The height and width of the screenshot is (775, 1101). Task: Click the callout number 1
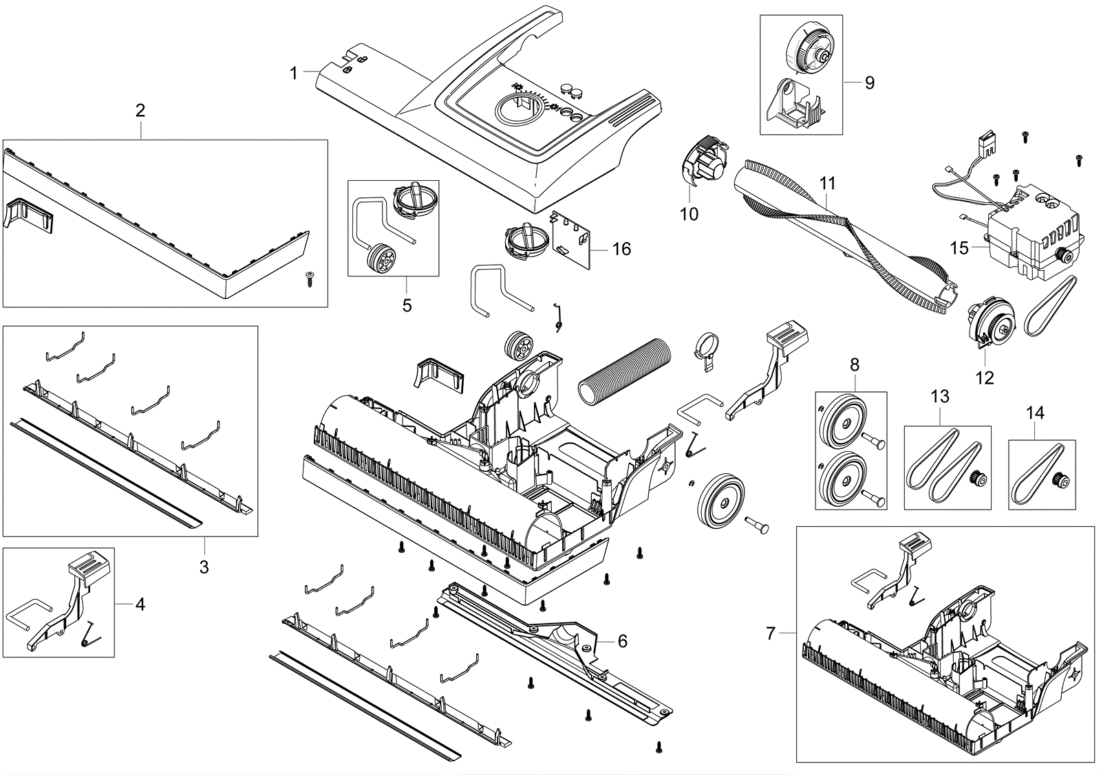293,74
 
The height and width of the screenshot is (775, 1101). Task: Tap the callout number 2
140,111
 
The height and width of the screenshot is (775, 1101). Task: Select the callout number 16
621,249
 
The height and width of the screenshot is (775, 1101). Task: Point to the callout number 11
828,184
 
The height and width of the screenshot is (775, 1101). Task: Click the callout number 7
770,633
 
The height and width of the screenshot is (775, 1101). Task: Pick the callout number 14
1035,413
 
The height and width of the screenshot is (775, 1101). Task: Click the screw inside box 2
310,279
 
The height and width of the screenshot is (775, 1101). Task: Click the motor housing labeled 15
1032,231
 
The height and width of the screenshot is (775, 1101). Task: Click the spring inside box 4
90,635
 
